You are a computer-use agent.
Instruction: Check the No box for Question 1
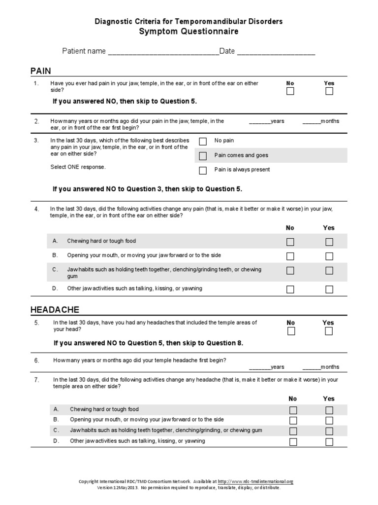(x=290, y=91)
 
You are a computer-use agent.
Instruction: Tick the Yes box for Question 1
(x=329, y=91)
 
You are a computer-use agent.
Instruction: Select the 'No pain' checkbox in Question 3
(x=203, y=142)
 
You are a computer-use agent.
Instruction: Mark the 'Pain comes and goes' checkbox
(x=203, y=156)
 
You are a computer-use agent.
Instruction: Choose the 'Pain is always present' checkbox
(x=203, y=171)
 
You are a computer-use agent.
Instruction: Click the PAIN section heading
(x=41, y=71)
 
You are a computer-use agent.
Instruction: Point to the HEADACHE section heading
(x=55, y=310)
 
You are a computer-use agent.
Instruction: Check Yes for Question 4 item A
(x=329, y=242)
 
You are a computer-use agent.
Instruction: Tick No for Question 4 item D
(x=290, y=289)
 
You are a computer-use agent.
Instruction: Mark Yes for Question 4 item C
(x=329, y=270)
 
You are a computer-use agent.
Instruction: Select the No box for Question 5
(x=291, y=331)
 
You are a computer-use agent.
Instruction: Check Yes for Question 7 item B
(x=329, y=421)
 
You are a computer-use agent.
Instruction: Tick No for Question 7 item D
(x=293, y=442)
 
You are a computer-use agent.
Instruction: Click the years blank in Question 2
(x=260, y=121)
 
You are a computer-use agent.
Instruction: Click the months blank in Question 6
(x=312, y=367)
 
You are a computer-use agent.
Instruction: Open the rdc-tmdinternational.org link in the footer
(x=255, y=482)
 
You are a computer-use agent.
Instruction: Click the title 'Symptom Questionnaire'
(x=189, y=32)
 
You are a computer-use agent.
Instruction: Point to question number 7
(x=36, y=380)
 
